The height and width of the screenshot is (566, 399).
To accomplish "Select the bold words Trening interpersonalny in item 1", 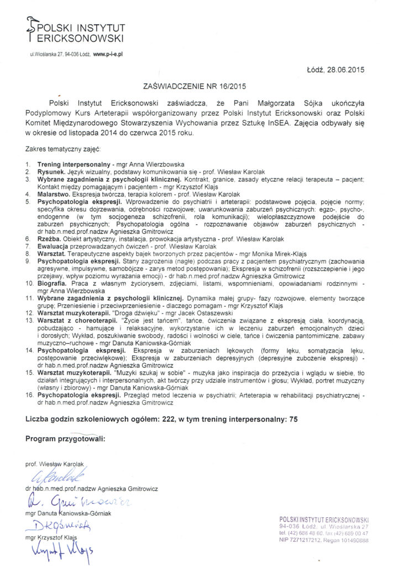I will click(x=73, y=165).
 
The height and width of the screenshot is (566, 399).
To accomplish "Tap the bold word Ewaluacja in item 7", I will click(x=54, y=246).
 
